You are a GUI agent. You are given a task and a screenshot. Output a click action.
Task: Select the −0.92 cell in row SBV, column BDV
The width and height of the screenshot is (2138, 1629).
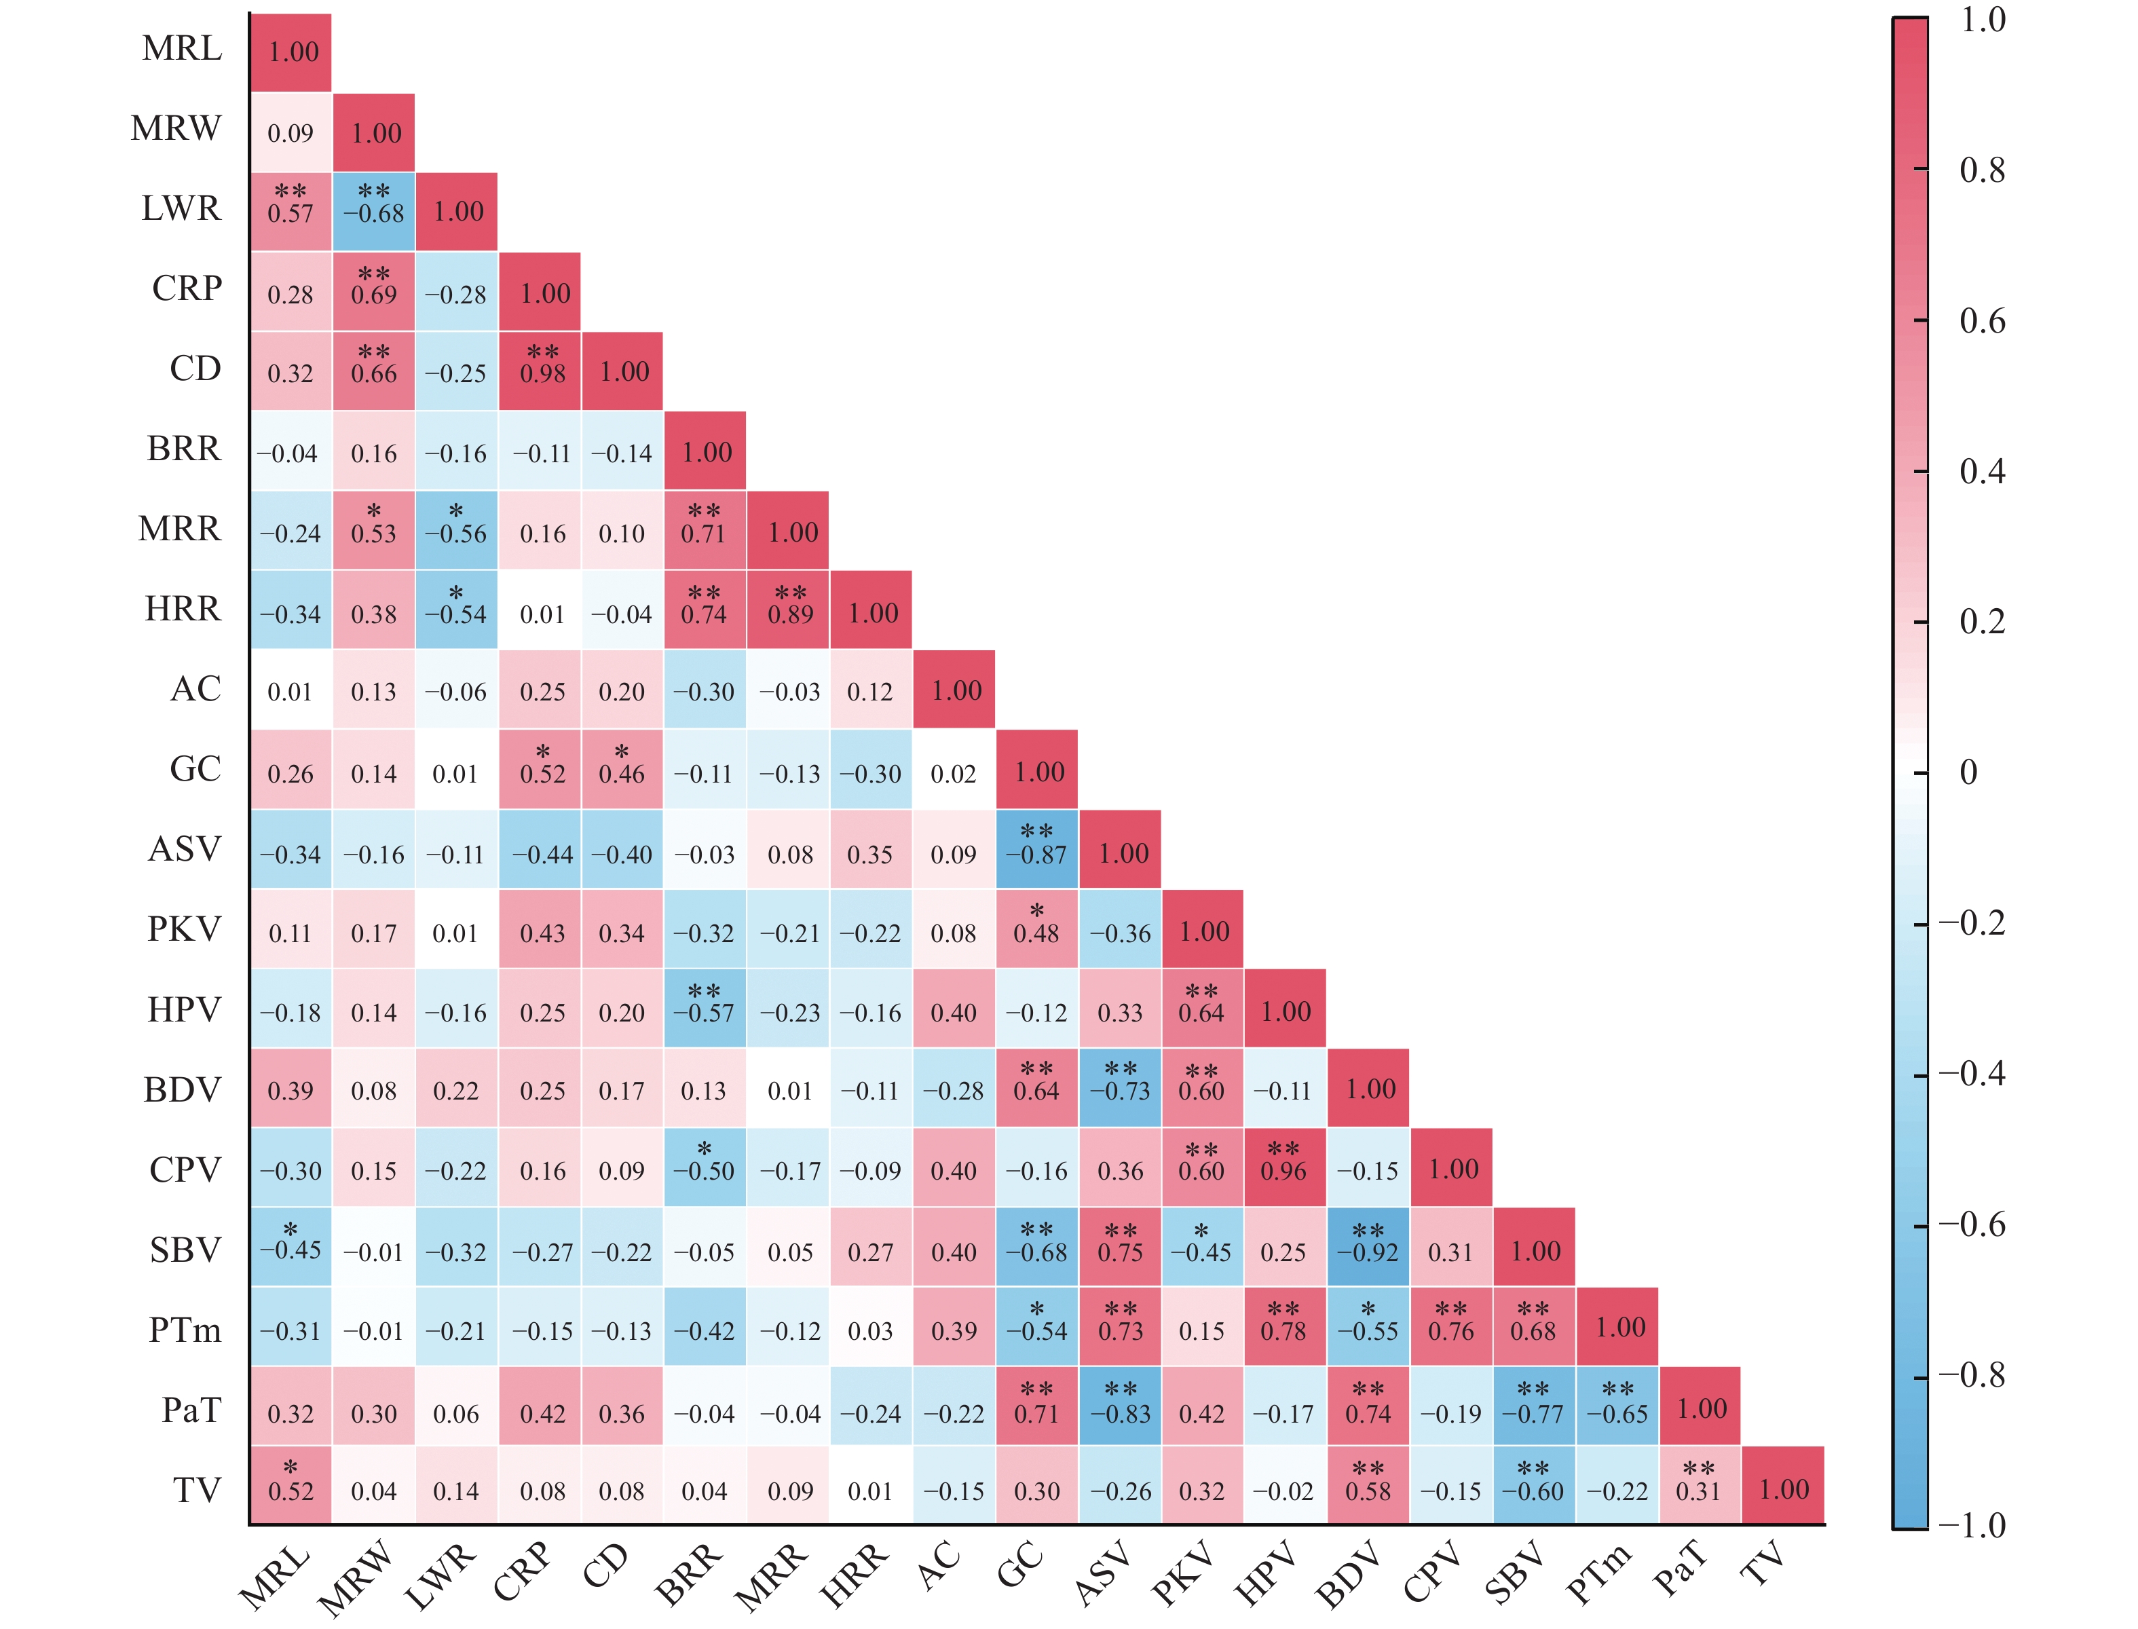(1367, 1246)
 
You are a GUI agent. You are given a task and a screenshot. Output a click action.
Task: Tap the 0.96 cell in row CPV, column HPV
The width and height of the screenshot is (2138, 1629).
(1283, 1167)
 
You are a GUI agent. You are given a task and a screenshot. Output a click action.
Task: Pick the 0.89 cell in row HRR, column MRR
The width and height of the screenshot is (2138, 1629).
(788, 609)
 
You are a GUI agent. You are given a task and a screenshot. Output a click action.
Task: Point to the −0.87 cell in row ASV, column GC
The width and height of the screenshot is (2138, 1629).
(1036, 848)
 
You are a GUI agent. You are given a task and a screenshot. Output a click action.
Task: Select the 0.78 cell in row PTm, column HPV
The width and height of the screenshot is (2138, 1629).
(1283, 1326)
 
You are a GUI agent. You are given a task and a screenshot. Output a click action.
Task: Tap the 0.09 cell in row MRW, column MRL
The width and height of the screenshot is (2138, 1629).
(290, 133)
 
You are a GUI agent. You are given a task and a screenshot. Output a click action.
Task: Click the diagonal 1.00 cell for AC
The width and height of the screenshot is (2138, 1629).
(954, 690)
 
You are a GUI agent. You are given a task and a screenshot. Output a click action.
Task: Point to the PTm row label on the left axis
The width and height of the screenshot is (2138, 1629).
(184, 1330)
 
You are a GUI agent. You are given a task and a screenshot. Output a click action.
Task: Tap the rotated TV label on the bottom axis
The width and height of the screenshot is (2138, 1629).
(1763, 1564)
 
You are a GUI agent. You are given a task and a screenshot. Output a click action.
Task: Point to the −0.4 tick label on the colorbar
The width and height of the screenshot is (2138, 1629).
(1970, 1073)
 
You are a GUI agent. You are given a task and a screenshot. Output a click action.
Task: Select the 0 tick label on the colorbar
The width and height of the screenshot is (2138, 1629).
(1968, 773)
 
